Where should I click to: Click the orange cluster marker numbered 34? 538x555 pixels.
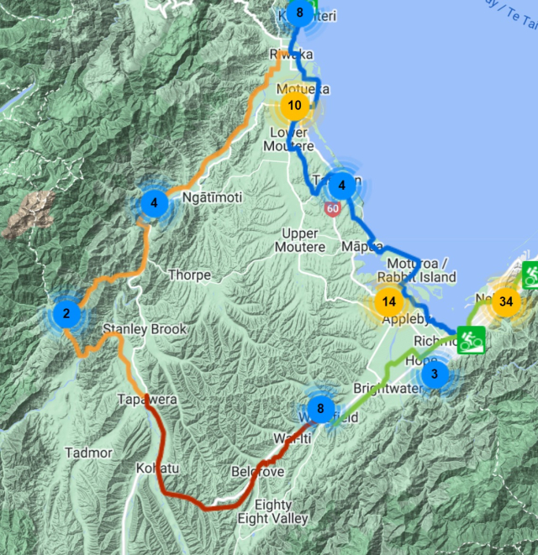click(505, 301)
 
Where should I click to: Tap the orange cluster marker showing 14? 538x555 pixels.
click(388, 301)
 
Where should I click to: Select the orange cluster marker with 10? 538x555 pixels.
click(295, 106)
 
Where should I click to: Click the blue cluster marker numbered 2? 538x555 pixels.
click(66, 314)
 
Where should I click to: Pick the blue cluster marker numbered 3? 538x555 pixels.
click(435, 374)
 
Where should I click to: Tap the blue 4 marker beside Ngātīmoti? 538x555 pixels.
click(154, 202)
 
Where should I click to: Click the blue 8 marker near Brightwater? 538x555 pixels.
click(320, 409)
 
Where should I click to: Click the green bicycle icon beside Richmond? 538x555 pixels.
click(472, 339)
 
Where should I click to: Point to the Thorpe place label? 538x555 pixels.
click(189, 275)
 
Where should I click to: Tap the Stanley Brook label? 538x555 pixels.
click(145, 329)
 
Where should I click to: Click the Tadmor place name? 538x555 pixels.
click(88, 453)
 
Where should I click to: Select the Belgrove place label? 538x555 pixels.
click(257, 473)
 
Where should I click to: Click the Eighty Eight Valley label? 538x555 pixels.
click(272, 512)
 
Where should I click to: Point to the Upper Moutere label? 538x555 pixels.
click(300, 240)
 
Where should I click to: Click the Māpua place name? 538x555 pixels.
click(362, 246)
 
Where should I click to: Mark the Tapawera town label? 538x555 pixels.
click(146, 400)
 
